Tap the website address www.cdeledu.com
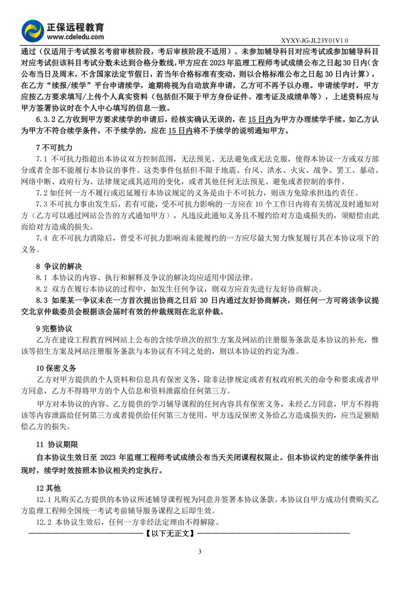click(75, 36)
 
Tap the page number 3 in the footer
click(199, 552)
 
